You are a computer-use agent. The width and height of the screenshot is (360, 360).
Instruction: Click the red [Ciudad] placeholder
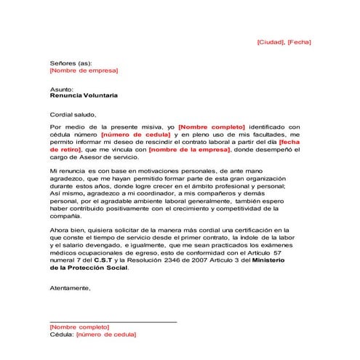pyautogui.click(x=271, y=42)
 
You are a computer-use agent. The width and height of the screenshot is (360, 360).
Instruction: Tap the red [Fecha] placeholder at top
pyautogui.click(x=299, y=42)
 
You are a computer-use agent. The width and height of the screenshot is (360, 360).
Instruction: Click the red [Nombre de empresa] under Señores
pyautogui.click(x=83, y=71)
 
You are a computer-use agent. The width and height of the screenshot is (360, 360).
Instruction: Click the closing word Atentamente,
pyautogui.click(x=71, y=288)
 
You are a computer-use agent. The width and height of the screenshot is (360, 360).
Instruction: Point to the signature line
pyautogui.click(x=113, y=321)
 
